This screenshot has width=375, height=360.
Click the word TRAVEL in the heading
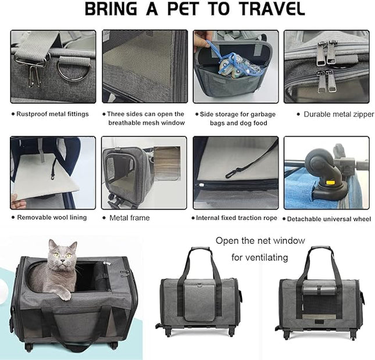coord(265,10)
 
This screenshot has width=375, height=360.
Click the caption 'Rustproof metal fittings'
coord(52,114)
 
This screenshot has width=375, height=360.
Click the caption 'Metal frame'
coord(129,218)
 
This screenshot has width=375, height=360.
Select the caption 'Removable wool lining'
coord(52,218)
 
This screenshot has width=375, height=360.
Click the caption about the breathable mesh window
coord(145,118)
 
